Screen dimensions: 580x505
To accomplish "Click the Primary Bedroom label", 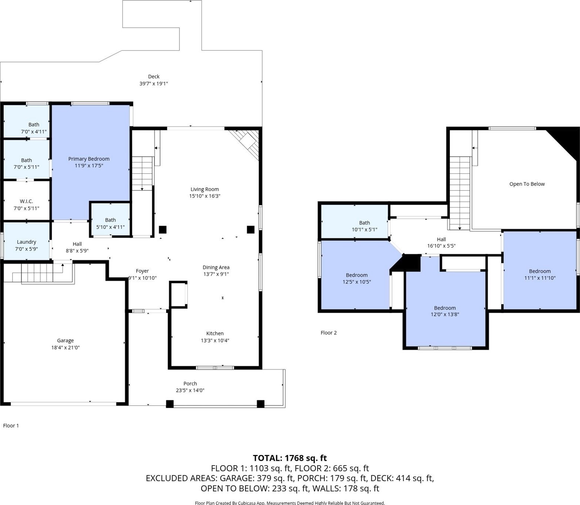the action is click(x=89, y=159).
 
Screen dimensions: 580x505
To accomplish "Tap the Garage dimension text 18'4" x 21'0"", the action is click(x=66, y=347).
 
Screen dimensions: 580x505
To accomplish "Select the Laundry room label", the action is click(x=27, y=242).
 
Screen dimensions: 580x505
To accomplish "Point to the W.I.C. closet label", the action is click(x=27, y=201).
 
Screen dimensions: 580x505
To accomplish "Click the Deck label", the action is click(x=154, y=77).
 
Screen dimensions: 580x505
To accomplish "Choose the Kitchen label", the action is click(x=215, y=333).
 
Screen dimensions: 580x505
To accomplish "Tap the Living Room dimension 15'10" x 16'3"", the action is click(x=205, y=196).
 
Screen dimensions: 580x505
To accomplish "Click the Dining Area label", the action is click(x=216, y=267).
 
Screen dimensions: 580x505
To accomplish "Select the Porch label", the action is click(x=190, y=384).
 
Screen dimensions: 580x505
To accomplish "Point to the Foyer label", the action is click(x=142, y=271).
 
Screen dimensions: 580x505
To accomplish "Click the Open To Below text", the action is click(x=527, y=184).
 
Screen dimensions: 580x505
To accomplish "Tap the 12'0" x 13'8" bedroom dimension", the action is click(x=445, y=315).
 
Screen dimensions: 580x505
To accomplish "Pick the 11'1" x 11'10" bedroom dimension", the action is click(x=540, y=278).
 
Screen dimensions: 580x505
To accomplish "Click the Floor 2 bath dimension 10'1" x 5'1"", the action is click(x=364, y=230).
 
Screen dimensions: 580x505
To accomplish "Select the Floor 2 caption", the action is click(x=329, y=333).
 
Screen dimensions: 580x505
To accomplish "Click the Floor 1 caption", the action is click(x=11, y=425).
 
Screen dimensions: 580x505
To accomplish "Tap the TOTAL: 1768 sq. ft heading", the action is click(x=290, y=458).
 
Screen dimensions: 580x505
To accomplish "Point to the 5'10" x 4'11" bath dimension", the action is click(x=111, y=227).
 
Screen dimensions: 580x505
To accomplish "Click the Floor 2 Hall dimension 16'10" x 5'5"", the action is click(x=441, y=246).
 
